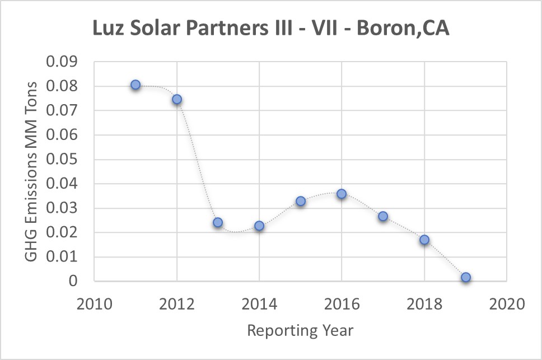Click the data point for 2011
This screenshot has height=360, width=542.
pyautogui.click(x=135, y=85)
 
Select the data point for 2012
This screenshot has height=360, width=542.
pyautogui.click(x=177, y=99)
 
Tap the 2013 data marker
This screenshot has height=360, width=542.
pyautogui.click(x=218, y=222)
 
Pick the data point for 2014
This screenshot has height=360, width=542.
pyautogui.click(x=259, y=226)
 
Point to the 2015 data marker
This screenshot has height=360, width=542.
pyautogui.click(x=301, y=201)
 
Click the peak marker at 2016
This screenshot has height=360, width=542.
pyautogui.click(x=342, y=194)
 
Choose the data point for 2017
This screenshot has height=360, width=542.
pyautogui.click(x=383, y=216)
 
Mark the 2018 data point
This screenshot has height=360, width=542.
pyautogui.click(x=424, y=240)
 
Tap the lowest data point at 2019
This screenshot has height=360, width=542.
pyautogui.click(x=466, y=277)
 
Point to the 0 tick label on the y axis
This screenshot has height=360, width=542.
pyautogui.click(x=73, y=281)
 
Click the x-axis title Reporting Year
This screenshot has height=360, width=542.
pyautogui.click(x=300, y=330)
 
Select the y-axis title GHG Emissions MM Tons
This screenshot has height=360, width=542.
pyautogui.click(x=32, y=171)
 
